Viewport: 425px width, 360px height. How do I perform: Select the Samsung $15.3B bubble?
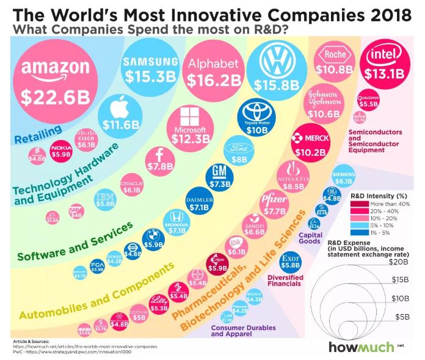[x=150, y=70]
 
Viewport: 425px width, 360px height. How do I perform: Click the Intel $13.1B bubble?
[x=383, y=65]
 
